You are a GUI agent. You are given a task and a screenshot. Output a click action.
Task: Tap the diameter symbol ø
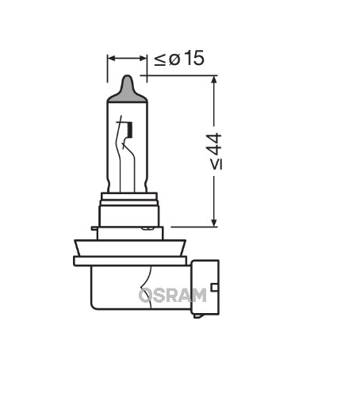(173, 59)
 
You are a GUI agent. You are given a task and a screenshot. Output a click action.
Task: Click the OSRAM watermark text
(172, 295)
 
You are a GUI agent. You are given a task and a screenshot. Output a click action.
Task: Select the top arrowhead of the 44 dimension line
(213, 81)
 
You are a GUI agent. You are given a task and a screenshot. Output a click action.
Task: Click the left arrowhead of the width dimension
(112, 58)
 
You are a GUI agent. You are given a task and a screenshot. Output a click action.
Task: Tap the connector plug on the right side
(204, 290)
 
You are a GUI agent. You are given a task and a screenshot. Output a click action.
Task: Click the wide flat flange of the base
(131, 260)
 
